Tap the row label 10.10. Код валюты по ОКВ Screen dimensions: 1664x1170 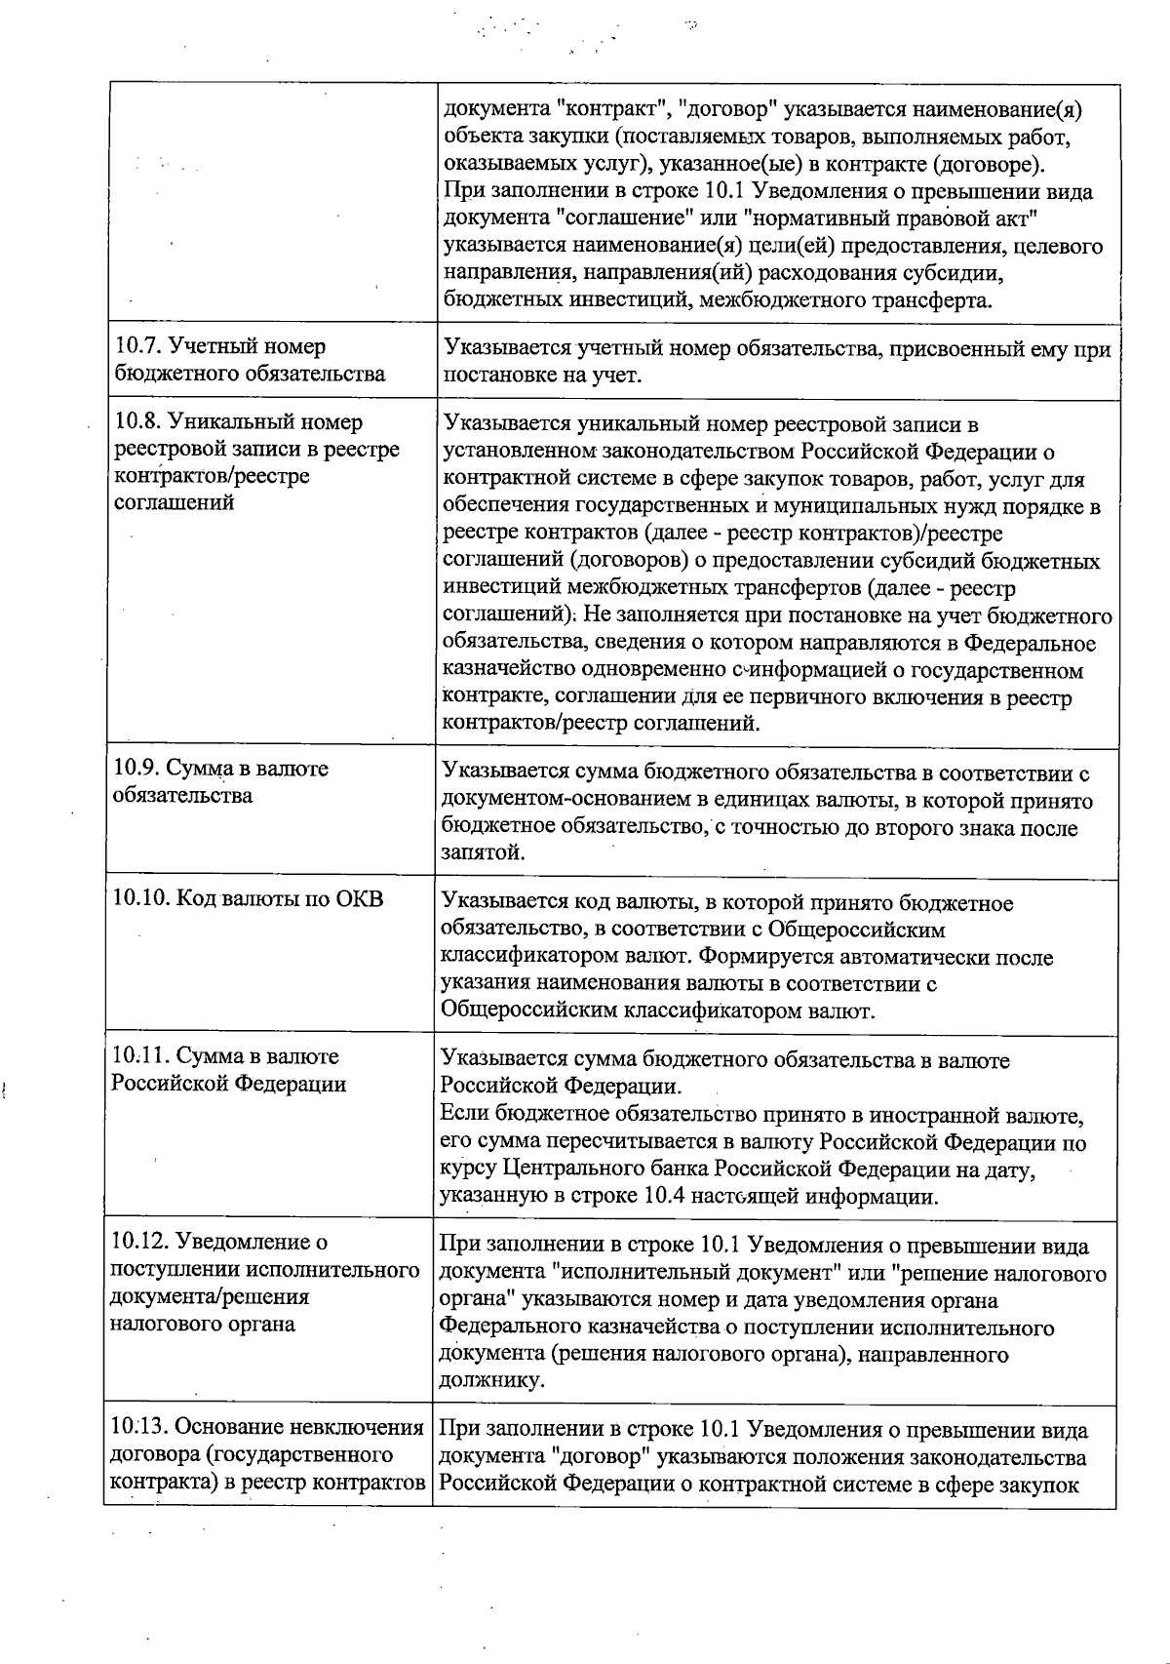248,898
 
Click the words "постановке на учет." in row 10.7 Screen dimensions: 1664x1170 542,376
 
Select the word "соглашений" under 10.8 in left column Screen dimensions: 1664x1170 175,503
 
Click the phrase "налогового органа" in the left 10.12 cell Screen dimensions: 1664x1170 203,1324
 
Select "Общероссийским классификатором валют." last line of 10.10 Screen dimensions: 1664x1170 658,1010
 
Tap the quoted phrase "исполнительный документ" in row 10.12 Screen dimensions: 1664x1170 700,1274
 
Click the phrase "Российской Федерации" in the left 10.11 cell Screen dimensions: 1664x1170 229,1085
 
